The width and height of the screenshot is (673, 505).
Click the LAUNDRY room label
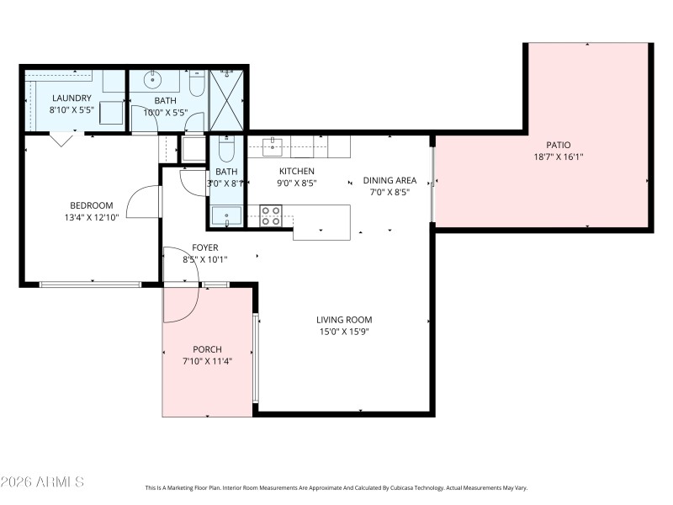tap(72, 98)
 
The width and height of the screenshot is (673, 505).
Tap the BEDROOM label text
tap(91, 205)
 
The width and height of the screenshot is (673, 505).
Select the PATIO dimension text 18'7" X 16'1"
tap(558, 157)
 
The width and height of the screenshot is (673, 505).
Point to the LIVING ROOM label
tap(343, 320)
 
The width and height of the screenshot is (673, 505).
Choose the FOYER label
tap(205, 247)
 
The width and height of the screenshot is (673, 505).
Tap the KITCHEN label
tap(296, 171)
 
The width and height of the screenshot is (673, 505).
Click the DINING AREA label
tap(389, 180)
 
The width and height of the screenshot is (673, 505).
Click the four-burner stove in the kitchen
tap(271, 215)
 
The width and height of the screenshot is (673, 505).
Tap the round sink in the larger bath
tap(153, 81)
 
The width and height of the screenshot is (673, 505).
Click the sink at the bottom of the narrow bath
tap(225, 217)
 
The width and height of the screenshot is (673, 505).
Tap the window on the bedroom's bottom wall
tap(91, 284)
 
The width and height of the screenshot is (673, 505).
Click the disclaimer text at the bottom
tap(336, 487)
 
